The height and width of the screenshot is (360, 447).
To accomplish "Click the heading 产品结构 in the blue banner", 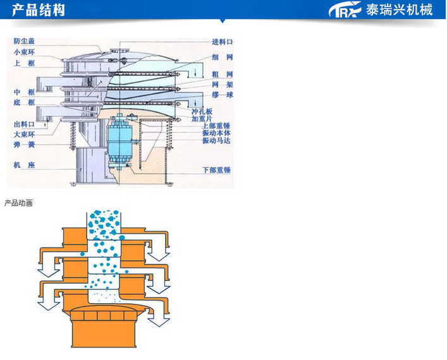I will (39, 10).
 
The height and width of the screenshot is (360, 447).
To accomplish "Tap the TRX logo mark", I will (345, 10).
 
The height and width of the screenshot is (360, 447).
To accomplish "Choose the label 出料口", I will (23, 124).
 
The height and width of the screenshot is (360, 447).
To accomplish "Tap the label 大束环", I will (23, 134).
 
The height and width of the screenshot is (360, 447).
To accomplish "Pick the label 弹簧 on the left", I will (23, 145).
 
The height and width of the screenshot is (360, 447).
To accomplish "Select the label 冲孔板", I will (202, 111).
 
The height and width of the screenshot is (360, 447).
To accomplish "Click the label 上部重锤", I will (216, 126).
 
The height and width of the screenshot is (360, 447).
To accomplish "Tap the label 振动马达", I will (216, 141).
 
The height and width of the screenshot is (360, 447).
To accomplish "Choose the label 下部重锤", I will (216, 170).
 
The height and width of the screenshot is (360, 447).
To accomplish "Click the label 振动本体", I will (216, 133).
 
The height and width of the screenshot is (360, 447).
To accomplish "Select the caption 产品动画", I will (18, 203).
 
